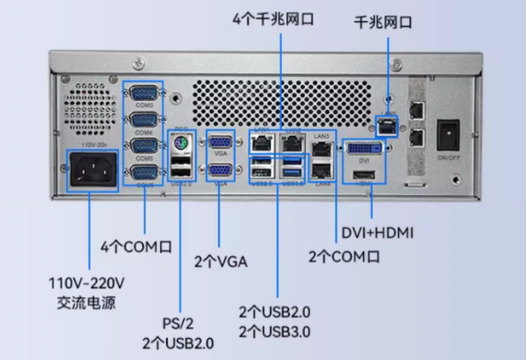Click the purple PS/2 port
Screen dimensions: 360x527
182,145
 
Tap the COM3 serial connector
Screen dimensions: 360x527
144,93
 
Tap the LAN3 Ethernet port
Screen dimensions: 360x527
322,146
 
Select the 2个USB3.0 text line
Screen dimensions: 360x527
274,331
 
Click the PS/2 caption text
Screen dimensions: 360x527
179,322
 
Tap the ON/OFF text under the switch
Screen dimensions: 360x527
449,157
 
